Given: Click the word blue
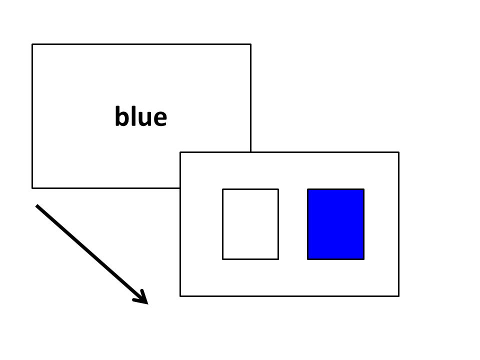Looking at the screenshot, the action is pos(141,116).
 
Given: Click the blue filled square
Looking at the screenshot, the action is pos(336,224).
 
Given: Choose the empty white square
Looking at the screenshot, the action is pos(250,224).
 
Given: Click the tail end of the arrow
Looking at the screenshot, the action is pos(36,205).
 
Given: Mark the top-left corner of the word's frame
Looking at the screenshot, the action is pos(32,44).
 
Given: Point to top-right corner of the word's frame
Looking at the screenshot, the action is pos(250,44).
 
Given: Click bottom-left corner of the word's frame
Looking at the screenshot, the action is pos(32,188).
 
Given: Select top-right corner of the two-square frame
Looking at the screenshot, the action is pos(398,152).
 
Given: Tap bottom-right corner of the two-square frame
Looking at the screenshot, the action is pos(398,296).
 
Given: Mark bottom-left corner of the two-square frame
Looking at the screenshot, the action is pos(180,296).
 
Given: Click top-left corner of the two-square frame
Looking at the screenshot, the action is pos(180,152).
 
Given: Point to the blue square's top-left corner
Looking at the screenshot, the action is pos(307,189).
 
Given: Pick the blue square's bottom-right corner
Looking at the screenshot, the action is pos(364,259).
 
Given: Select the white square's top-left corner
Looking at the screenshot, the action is pos(222,189).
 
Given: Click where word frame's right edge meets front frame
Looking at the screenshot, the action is pos(250,152).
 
